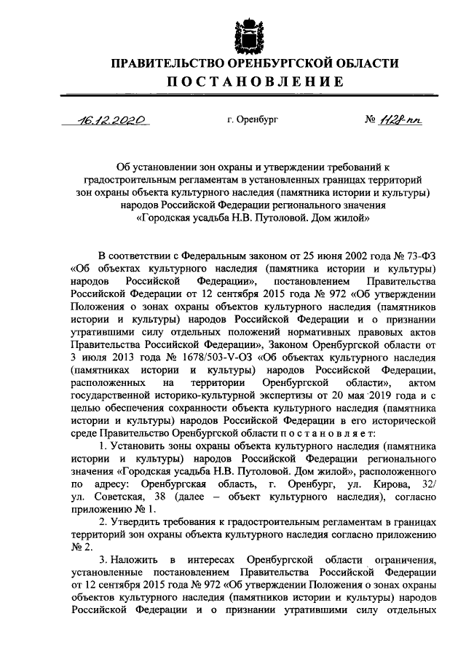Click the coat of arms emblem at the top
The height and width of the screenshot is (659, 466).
pyautogui.click(x=244, y=32)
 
